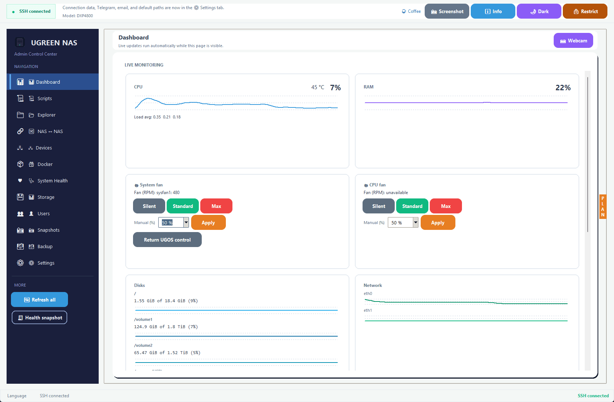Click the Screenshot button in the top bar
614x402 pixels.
(x=447, y=11)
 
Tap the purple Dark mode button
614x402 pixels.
(x=539, y=11)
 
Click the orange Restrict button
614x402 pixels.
(x=585, y=11)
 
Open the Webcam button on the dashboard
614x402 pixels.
(x=573, y=41)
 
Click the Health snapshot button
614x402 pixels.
(x=39, y=318)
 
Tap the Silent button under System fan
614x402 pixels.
(x=149, y=206)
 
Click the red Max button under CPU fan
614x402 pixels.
(x=446, y=206)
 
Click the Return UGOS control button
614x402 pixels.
(x=167, y=240)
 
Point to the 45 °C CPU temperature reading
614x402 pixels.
(x=318, y=87)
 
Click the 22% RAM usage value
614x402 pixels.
(x=563, y=88)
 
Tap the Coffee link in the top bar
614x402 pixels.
(x=411, y=11)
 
